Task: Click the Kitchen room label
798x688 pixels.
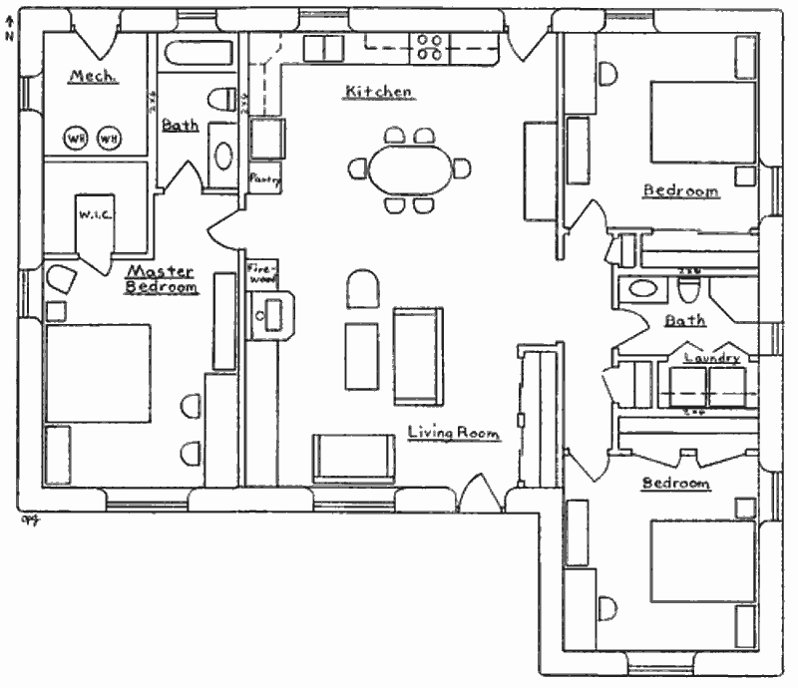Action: [378, 92]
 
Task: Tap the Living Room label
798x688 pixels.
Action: [454, 433]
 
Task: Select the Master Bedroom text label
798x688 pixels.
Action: [161, 279]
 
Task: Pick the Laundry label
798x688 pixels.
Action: [711, 357]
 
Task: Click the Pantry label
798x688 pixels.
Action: [265, 180]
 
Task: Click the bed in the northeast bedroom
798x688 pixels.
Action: [703, 121]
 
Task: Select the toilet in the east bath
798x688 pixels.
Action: [688, 290]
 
